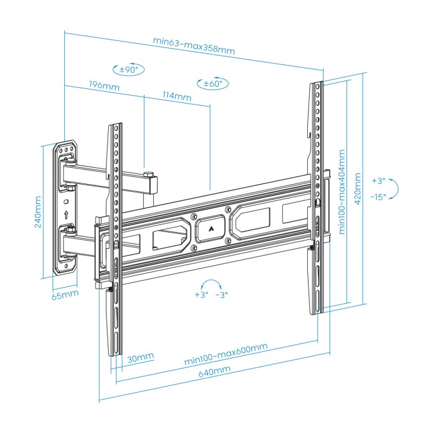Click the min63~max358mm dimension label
[194, 46]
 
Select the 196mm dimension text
[104, 85]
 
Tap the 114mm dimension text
[177, 96]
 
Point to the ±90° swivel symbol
[129, 69]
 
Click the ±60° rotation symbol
[213, 83]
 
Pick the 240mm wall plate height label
[38, 212]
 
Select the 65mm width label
[65, 295]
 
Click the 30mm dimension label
[140, 358]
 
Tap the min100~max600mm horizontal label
[226, 354]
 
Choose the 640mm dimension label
[215, 372]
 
